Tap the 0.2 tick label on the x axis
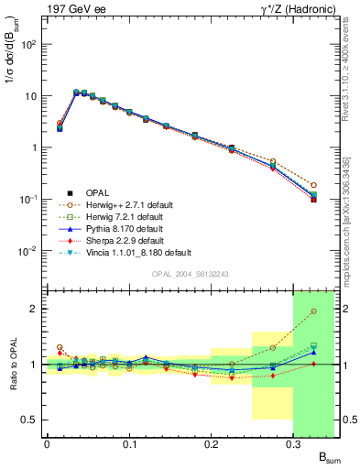click(211, 445)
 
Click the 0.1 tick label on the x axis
click(128, 445)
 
